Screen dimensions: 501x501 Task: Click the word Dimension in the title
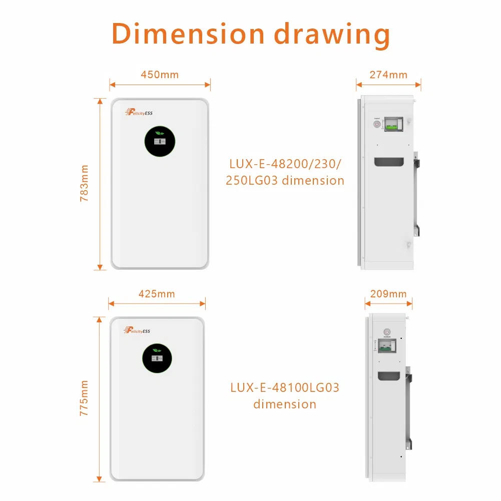coord(188,35)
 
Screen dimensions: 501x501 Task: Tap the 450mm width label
coord(160,75)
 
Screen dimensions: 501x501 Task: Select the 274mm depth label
coord(388,75)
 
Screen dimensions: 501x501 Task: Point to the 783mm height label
coord(84,183)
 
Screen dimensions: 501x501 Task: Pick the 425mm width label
coord(157,294)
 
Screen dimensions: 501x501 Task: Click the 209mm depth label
coord(388,294)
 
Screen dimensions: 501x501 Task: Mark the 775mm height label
coord(84,398)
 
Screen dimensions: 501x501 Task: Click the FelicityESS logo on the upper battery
coord(139,113)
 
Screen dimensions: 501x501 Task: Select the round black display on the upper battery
coord(160,140)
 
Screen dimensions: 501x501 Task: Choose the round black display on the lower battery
coord(158,357)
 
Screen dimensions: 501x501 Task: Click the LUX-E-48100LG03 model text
coord(285,387)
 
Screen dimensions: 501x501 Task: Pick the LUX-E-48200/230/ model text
coord(286,164)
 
